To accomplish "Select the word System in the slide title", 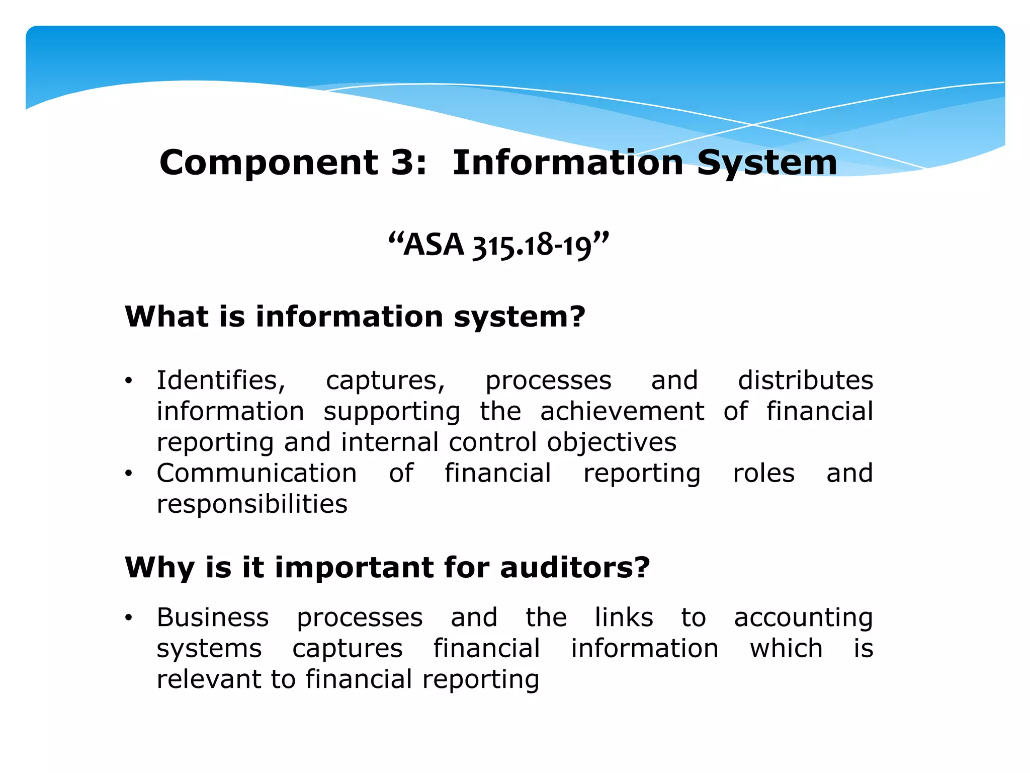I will click(x=767, y=163).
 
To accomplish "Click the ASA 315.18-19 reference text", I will click(x=498, y=246).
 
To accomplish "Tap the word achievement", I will click(x=622, y=411).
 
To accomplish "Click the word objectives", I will click(x=612, y=443).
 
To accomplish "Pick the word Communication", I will click(x=256, y=473).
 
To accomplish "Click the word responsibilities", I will click(x=252, y=504).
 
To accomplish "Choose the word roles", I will click(x=763, y=473).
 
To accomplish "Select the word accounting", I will click(x=803, y=618).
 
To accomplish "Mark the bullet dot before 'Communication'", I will click(x=129, y=474).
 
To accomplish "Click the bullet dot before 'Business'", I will click(x=129, y=617).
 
